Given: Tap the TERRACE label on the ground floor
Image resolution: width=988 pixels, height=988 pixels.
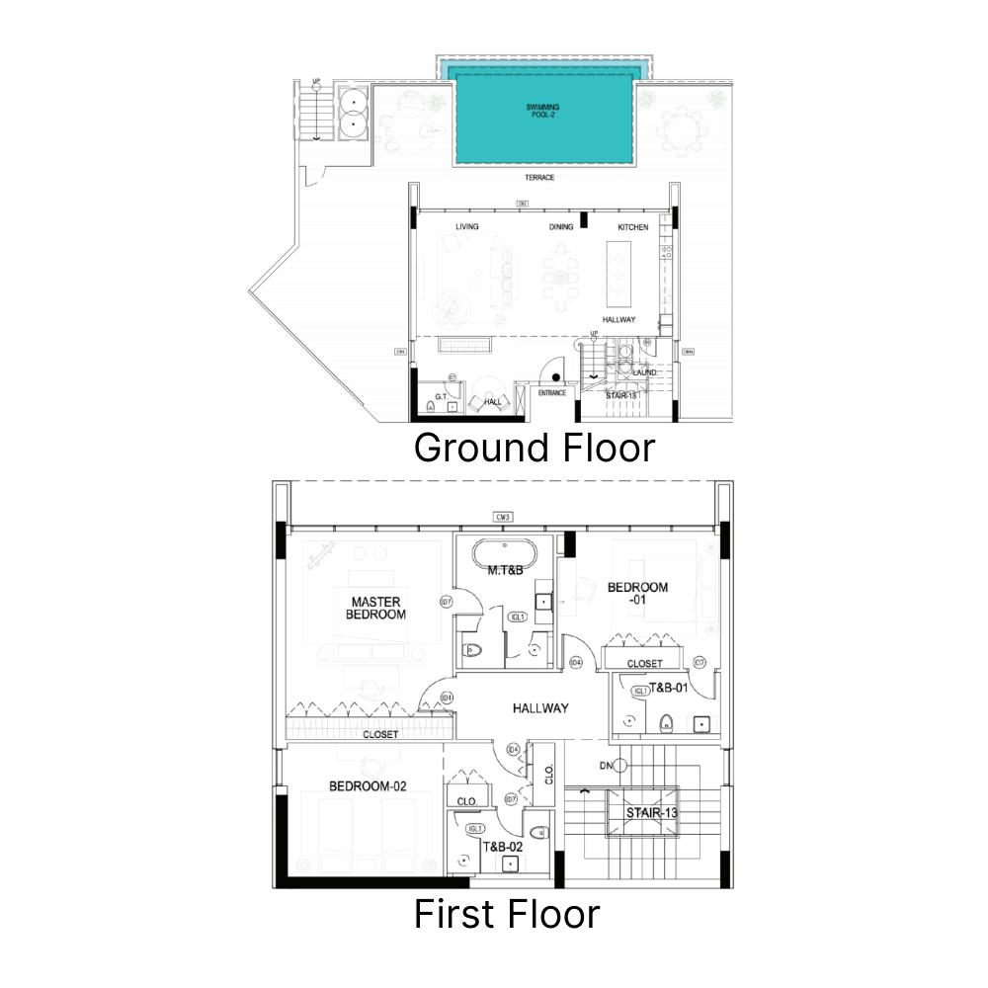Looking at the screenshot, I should [x=539, y=178].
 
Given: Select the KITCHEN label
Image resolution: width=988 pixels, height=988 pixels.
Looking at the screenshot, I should [x=633, y=227].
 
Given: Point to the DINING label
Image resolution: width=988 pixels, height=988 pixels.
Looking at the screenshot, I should [x=561, y=227].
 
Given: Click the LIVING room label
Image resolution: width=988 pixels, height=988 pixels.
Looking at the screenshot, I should [x=466, y=227].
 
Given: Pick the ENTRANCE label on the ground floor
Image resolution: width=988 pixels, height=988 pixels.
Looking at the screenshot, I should [x=551, y=393].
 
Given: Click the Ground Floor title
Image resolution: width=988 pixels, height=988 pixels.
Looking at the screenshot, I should [x=534, y=448].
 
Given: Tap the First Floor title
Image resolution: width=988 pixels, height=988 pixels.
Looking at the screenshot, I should [x=506, y=914].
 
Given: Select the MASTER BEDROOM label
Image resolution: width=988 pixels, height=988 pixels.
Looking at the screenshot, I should [x=375, y=608].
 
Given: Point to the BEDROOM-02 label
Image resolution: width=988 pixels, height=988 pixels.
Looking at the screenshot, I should [x=368, y=786].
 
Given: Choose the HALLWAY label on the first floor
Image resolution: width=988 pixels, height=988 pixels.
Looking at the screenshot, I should [x=540, y=708].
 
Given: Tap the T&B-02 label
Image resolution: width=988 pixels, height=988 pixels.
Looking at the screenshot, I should [x=502, y=847].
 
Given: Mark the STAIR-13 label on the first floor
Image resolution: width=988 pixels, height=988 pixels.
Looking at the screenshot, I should [x=652, y=814].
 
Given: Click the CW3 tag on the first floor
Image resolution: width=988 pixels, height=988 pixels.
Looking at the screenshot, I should [x=504, y=517].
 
